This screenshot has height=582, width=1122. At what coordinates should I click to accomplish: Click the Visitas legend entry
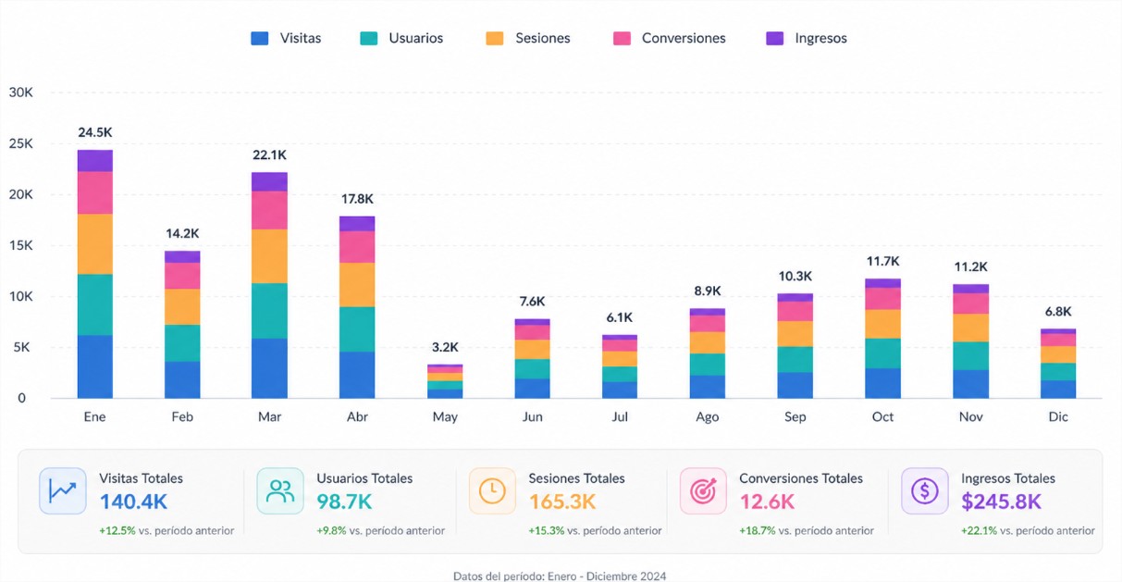287,38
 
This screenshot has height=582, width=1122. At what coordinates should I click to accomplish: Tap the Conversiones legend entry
670,38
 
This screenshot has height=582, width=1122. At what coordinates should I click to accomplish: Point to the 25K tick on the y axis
20,143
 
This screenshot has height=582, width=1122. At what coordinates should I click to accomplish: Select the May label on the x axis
445,417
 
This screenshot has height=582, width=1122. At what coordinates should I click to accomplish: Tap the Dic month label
1058,417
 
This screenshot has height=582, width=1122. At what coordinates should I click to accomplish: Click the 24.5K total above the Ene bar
95,132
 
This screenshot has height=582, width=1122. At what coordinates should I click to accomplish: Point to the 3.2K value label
445,347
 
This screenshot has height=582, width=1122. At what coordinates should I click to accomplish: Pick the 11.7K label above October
882,261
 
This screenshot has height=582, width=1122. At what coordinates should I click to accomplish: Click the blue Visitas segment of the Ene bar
95,366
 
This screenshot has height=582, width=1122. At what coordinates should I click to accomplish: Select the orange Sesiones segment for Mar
270,255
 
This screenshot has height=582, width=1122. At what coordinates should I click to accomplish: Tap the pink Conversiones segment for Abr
357,246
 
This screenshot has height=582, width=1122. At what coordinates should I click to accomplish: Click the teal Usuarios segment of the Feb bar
182,342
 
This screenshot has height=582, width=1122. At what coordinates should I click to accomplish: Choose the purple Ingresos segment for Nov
970,289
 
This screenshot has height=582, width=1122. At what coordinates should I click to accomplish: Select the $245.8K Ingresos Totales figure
1001,502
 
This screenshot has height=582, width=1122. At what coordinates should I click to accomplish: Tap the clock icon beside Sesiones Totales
492,491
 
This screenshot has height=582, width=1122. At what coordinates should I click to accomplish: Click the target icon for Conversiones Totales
703,491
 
